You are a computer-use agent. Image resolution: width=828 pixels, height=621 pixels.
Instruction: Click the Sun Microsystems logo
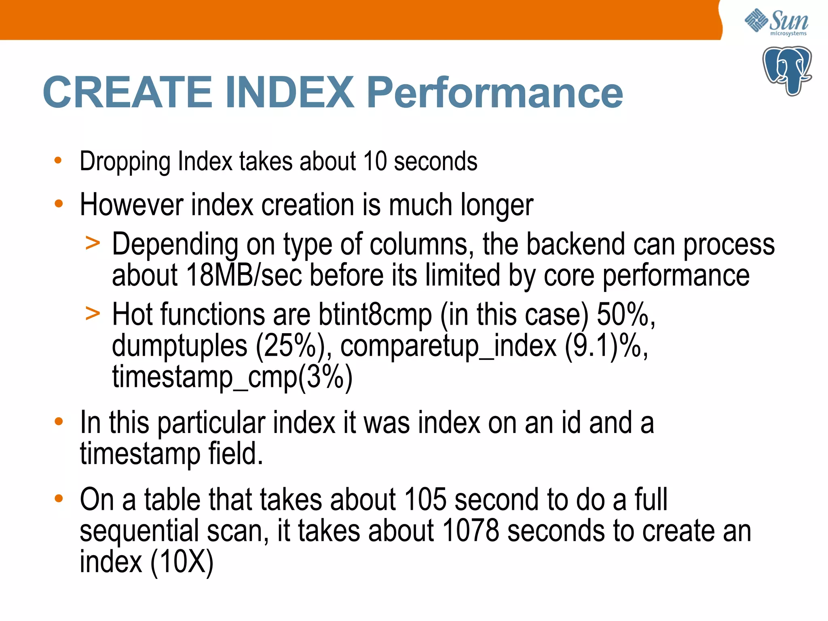pos(776,22)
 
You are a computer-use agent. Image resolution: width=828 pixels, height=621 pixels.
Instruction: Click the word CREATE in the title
pos(127,93)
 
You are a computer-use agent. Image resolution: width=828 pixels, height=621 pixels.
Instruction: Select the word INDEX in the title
pos(289,93)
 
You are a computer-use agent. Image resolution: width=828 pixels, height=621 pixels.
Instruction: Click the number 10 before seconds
pos(375,161)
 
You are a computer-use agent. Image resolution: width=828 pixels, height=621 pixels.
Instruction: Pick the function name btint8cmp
pos(375,315)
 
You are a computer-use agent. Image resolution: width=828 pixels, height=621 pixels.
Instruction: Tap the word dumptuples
pos(179,346)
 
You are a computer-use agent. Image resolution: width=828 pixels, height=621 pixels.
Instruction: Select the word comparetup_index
pos(448,346)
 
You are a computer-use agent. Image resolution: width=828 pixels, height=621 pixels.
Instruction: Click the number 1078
pos(471,531)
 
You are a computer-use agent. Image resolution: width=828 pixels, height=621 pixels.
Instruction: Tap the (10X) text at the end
pos(182,562)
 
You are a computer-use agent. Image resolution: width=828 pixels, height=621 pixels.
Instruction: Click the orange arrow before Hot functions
pos(93,314)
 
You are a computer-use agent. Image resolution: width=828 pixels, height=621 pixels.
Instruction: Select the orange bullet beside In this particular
pos(59,422)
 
